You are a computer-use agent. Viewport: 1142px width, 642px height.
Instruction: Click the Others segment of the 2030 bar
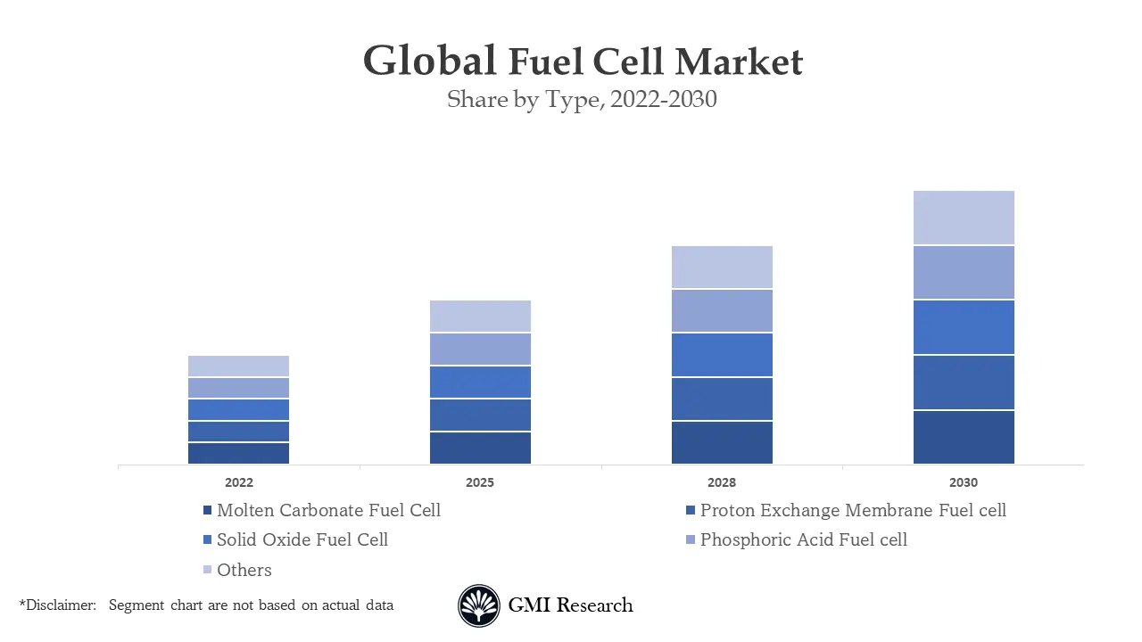(x=964, y=218)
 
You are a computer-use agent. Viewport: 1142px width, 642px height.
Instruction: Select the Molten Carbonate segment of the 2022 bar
(x=238, y=453)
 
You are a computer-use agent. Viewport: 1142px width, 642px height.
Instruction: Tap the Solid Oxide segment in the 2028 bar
(x=722, y=355)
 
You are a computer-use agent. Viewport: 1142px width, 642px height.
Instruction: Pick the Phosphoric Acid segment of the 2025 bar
(x=480, y=350)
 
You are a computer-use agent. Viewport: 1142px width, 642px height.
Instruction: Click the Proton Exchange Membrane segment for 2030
(x=964, y=383)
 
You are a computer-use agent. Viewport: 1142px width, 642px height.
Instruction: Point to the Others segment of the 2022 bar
(x=238, y=366)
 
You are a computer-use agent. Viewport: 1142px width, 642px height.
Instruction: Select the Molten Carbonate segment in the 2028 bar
(x=722, y=442)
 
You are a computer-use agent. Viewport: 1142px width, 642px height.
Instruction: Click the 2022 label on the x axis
(x=238, y=482)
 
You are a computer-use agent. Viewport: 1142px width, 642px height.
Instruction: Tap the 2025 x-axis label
(x=480, y=482)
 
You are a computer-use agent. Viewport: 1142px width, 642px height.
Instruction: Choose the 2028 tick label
(x=722, y=482)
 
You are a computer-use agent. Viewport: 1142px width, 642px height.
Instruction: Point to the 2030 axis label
(x=964, y=482)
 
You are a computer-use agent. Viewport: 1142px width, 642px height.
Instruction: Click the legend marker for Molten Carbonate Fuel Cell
(x=207, y=511)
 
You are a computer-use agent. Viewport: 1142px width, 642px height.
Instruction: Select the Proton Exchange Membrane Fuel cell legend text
(x=853, y=511)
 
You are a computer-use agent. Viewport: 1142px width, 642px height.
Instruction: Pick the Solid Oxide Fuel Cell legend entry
(x=302, y=539)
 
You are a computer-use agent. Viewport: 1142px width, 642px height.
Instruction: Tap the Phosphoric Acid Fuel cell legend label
(x=803, y=539)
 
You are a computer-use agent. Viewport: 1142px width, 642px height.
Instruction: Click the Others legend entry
(x=244, y=570)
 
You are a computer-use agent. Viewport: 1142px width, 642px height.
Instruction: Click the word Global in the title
(x=429, y=62)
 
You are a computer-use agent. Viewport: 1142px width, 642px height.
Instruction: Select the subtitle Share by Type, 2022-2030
(x=582, y=99)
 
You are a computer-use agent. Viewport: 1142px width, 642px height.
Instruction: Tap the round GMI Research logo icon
(x=479, y=606)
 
